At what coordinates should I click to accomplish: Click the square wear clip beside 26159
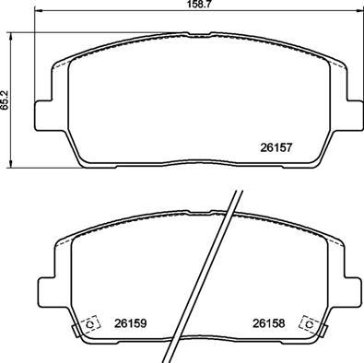click(90, 324)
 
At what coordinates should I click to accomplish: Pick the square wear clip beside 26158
click(309, 324)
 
